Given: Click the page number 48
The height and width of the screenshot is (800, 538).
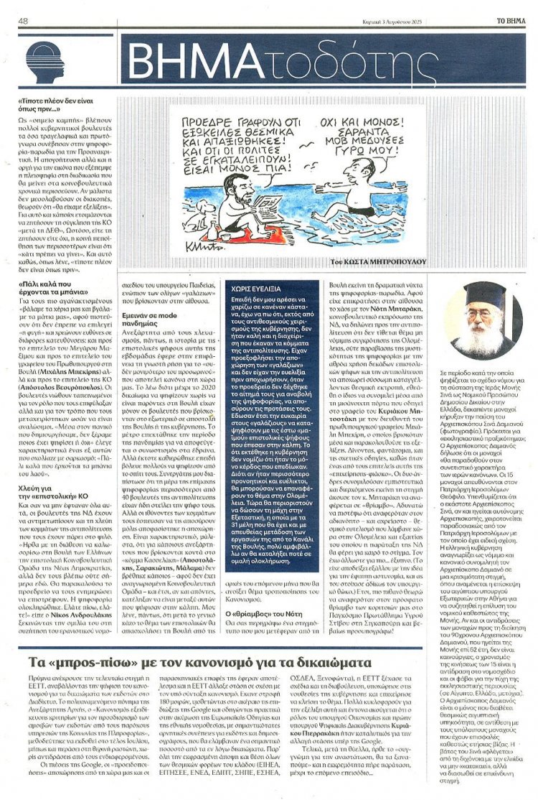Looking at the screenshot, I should click(x=23, y=20).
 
